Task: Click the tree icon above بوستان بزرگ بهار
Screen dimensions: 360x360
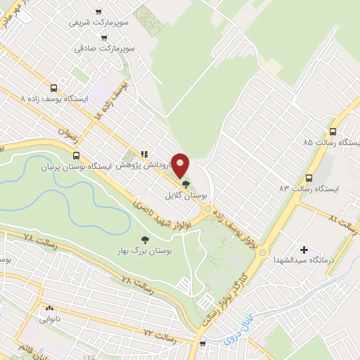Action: (x=145, y=239)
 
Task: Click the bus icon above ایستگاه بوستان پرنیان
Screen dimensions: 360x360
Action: (x=75, y=156)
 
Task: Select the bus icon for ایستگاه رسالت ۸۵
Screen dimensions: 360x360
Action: (x=333, y=131)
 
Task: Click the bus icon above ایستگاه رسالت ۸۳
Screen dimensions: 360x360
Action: (x=308, y=177)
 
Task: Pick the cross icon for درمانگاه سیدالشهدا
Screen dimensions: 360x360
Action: (x=304, y=250)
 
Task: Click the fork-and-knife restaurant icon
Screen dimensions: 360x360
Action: (x=144, y=154)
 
